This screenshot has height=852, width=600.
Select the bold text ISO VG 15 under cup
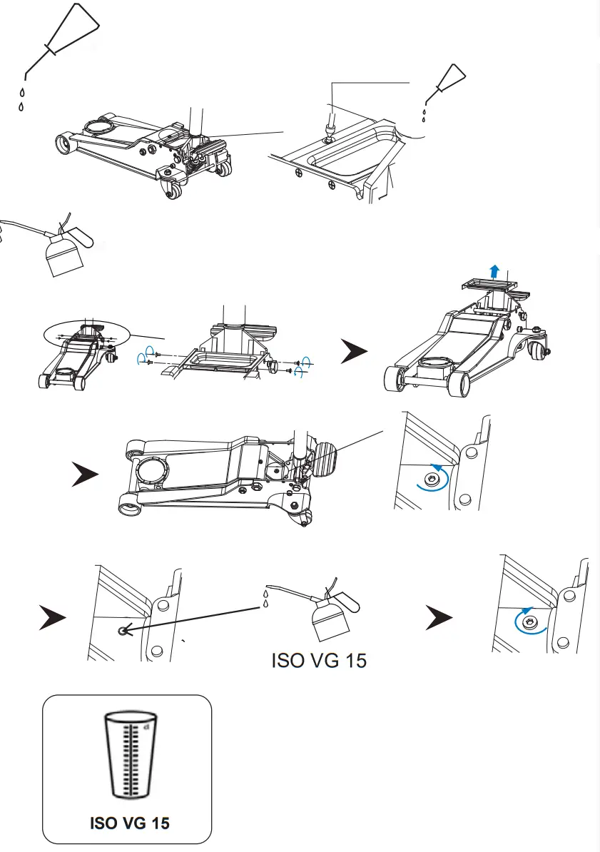coord(129,823)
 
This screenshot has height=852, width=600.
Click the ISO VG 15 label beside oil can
coord(319,660)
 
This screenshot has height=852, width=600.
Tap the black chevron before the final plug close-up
coord(438,616)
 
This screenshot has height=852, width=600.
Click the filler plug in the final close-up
coord(529,623)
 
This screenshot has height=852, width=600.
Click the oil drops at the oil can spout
coord(265,598)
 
